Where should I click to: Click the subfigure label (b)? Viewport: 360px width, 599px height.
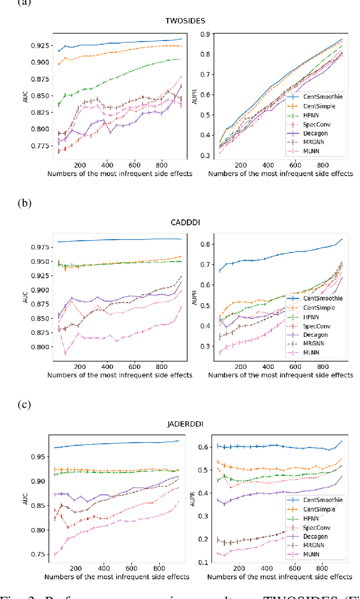click(x=25, y=202)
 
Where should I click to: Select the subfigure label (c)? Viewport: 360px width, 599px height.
click(x=25, y=404)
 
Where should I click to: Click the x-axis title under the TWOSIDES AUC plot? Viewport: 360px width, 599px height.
click(x=120, y=174)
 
